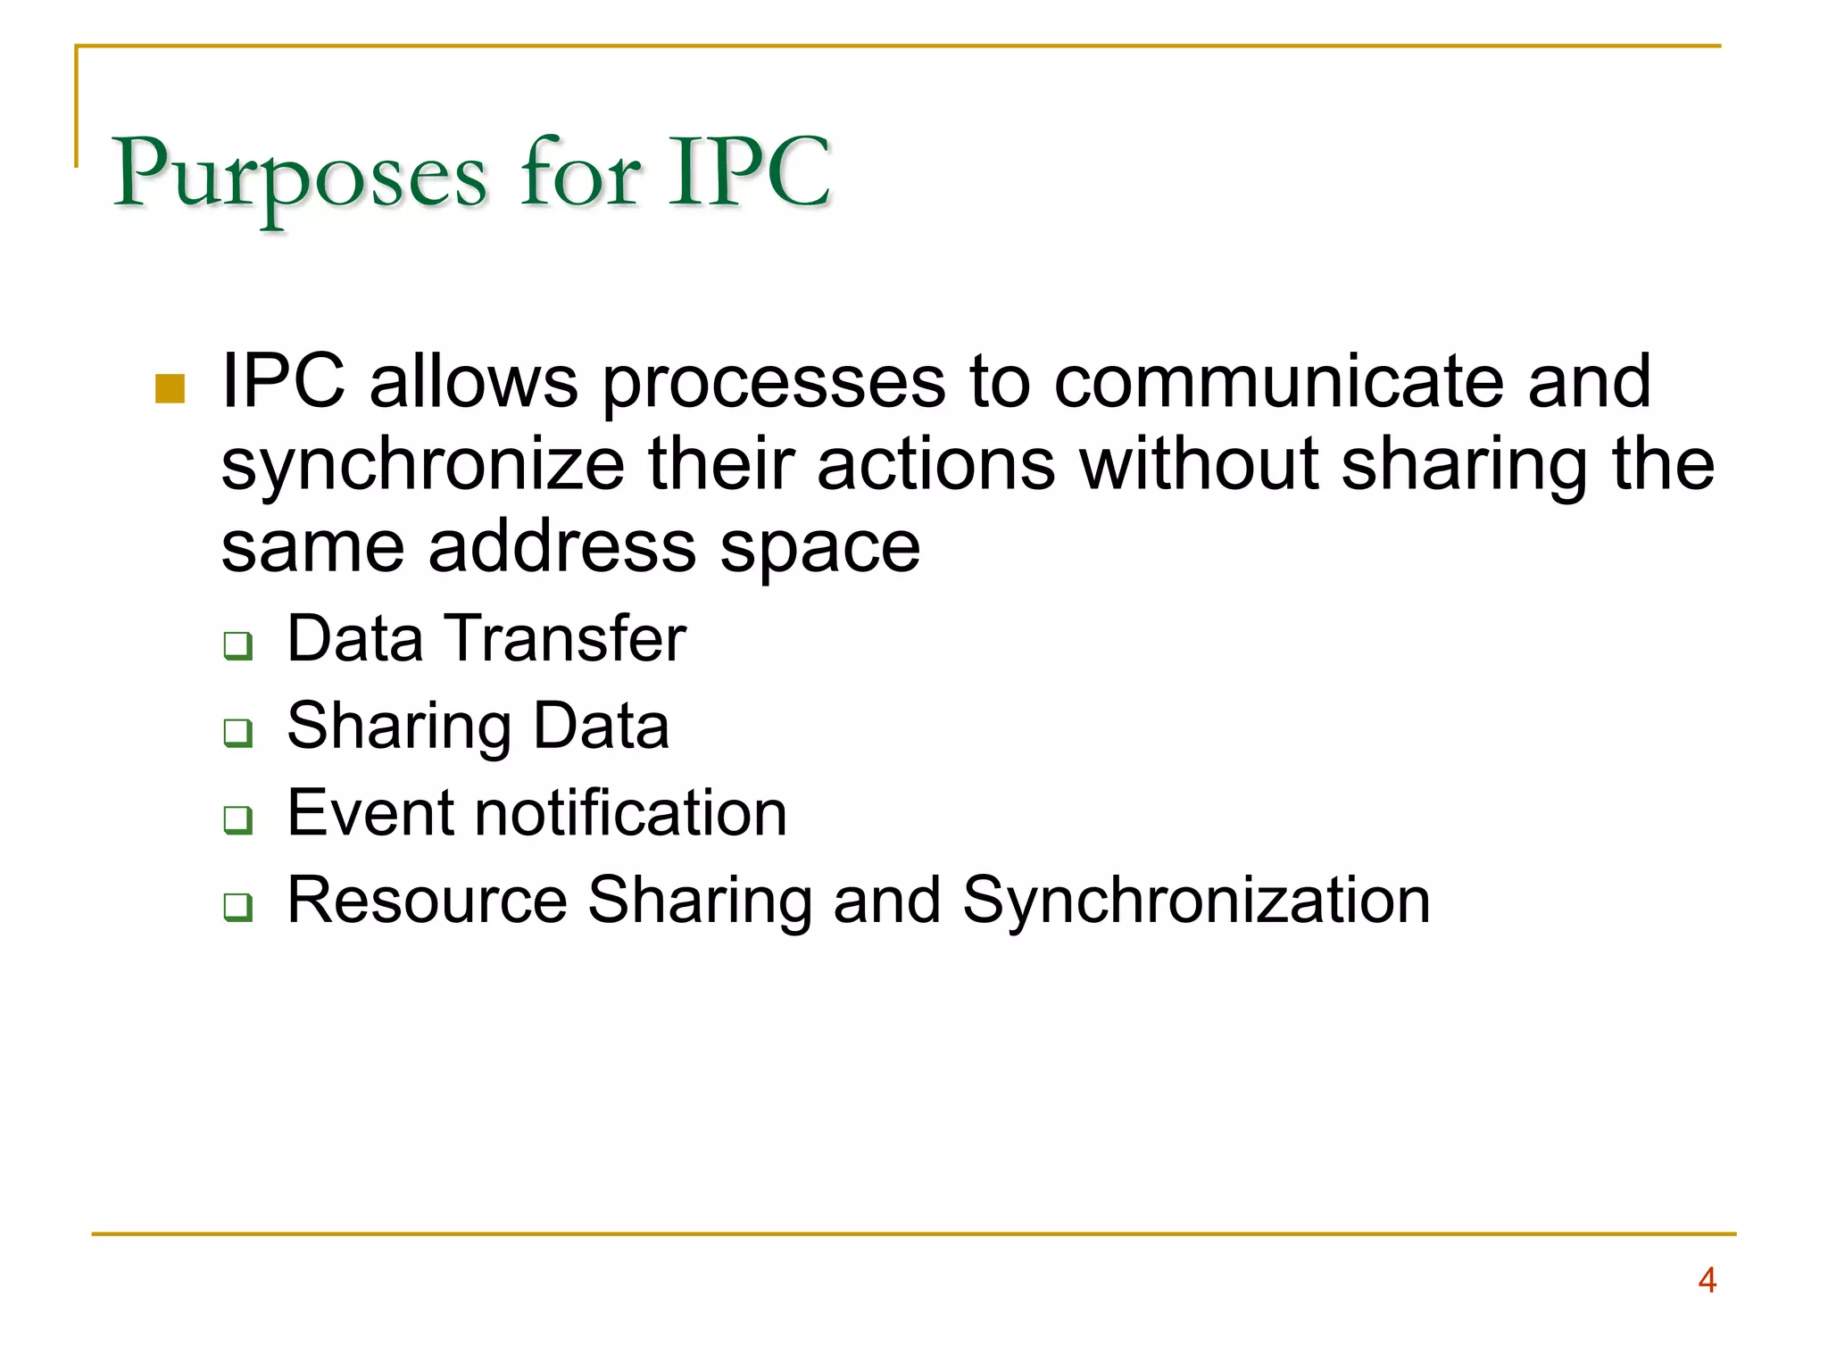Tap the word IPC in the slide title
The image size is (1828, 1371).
coord(752,171)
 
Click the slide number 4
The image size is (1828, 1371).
coord(1707,1280)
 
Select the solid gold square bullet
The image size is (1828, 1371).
coord(170,388)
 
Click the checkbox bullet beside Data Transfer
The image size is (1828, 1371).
coord(237,644)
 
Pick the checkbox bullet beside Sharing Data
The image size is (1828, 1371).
coord(237,732)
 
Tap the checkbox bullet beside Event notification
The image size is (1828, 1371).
coord(237,818)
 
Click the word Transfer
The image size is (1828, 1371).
coord(566,638)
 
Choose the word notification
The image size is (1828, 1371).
coord(630,813)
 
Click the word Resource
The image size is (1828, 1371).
coord(427,900)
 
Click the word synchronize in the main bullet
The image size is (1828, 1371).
coord(422,466)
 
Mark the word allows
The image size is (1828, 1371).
coord(473,382)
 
